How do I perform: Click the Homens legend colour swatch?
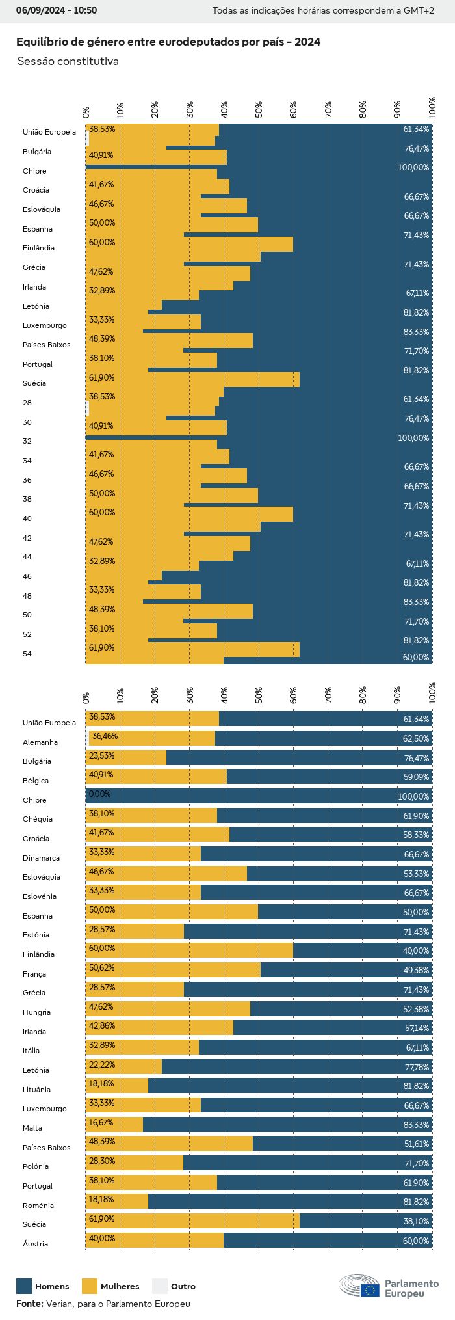coord(24,1286)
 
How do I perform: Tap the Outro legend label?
coord(183,1286)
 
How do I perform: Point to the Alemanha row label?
coord(40,742)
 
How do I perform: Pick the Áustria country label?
coord(36,1244)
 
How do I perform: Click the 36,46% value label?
coord(105,736)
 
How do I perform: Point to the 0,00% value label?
coord(99,794)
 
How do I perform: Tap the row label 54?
coord(27,654)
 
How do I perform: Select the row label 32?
coord(27,441)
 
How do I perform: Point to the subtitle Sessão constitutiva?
coord(68,61)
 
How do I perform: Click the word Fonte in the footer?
coord(29,1304)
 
